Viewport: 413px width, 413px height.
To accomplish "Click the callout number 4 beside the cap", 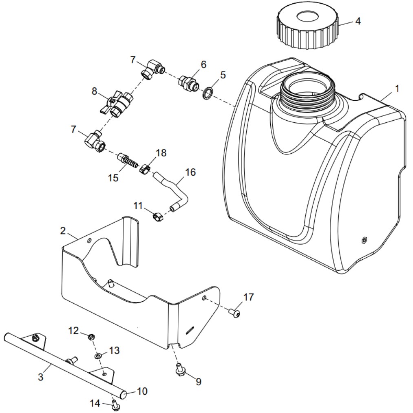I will [358, 21].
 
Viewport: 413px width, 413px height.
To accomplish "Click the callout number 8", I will [95, 91].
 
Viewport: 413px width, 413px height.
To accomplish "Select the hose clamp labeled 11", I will [158, 216].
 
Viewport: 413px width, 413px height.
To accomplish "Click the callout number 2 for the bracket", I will [63, 231].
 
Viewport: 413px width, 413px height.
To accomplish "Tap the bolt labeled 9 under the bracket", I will [179, 369].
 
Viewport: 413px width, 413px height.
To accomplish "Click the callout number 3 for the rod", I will [40, 377].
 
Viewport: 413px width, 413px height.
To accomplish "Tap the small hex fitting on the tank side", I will [364, 240].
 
